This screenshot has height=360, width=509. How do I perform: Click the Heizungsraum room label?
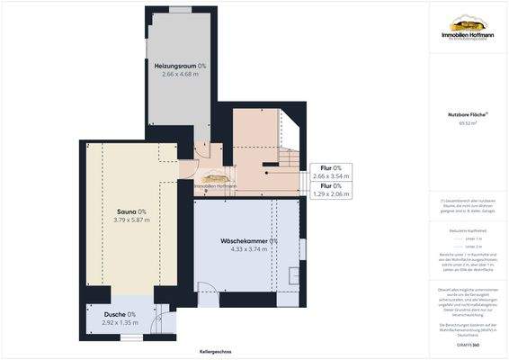tap(179, 67)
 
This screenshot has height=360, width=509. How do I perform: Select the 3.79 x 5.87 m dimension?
tap(132, 220)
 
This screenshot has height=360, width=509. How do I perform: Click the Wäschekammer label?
tap(249, 241)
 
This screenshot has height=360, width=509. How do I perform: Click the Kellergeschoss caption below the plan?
tap(216, 352)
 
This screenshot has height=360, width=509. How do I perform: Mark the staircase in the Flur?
tap(286, 162)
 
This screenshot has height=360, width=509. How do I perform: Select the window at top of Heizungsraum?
tap(180, 9)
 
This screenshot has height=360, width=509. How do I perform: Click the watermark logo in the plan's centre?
tap(214, 181)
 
